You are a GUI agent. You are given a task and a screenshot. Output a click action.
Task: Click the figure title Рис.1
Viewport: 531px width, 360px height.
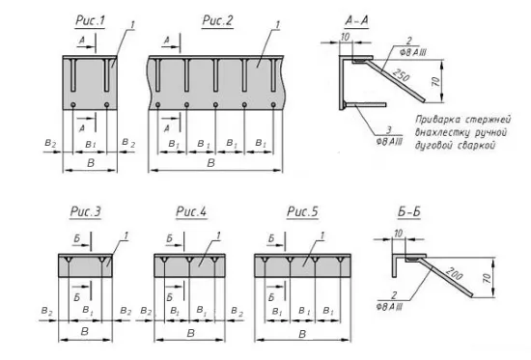pyautogui.click(x=90, y=20)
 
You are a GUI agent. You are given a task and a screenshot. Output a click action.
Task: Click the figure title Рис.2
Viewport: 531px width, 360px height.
pyautogui.click(x=217, y=20)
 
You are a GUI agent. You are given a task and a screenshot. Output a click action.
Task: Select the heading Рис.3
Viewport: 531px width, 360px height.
pyautogui.click(x=85, y=211)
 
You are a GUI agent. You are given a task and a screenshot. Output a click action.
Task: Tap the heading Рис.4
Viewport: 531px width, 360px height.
pyautogui.click(x=191, y=211)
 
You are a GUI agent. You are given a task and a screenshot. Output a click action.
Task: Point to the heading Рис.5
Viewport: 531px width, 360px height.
pyautogui.click(x=302, y=211)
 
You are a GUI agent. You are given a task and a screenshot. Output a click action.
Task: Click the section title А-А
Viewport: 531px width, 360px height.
pyautogui.click(x=356, y=20)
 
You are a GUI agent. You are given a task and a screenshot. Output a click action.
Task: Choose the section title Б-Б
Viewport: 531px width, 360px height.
pyautogui.click(x=409, y=212)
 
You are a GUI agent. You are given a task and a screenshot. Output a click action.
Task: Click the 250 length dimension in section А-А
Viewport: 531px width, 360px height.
pyautogui.click(x=402, y=75)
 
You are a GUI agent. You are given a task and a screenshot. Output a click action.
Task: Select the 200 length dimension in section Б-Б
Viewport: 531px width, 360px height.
pyautogui.click(x=454, y=273)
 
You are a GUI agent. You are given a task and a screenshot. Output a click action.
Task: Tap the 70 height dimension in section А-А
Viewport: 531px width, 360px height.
pyautogui.click(x=436, y=82)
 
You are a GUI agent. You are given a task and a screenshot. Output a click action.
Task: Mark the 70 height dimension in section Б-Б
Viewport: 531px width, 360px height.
pyautogui.click(x=487, y=279)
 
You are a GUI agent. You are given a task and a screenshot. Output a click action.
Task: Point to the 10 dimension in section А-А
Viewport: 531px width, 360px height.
pyautogui.click(x=345, y=37)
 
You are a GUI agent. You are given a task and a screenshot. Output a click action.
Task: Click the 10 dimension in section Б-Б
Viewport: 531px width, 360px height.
pyautogui.click(x=398, y=234)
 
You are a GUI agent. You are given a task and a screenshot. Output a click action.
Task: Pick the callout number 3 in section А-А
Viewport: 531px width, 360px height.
pyautogui.click(x=389, y=130)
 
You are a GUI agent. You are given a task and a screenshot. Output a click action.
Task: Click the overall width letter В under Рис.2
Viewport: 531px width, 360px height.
pyautogui.click(x=210, y=163)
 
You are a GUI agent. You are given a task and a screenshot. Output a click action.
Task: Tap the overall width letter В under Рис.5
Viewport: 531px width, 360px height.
pyautogui.click(x=302, y=335)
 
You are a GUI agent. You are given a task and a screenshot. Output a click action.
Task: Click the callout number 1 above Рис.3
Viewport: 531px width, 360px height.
pyautogui.click(x=126, y=235)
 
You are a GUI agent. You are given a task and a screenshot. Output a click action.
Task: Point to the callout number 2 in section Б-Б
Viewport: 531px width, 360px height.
pyautogui.click(x=394, y=295)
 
